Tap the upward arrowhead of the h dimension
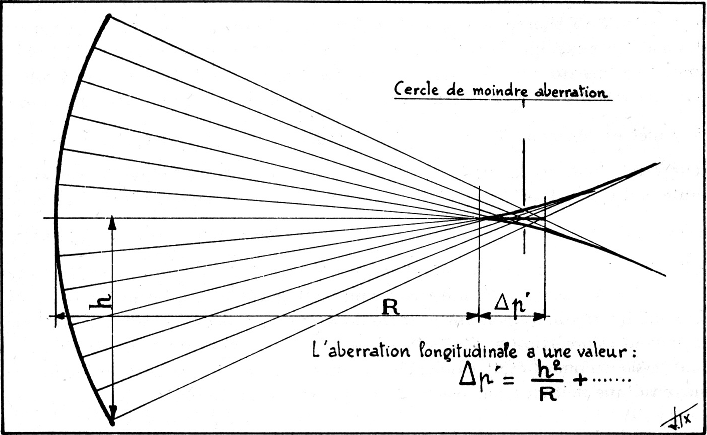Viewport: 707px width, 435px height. [112, 222]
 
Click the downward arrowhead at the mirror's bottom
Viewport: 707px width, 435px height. [112, 413]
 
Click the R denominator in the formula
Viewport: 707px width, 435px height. [548, 395]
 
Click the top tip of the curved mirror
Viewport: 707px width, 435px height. [108, 17]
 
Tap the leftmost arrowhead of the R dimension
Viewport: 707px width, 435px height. [60, 316]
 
